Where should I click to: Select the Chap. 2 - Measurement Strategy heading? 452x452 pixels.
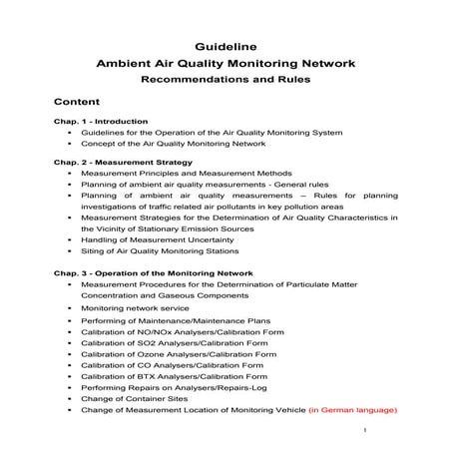pyautogui.click(x=123, y=161)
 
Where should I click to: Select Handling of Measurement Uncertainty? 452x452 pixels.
pyautogui.click(x=155, y=240)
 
